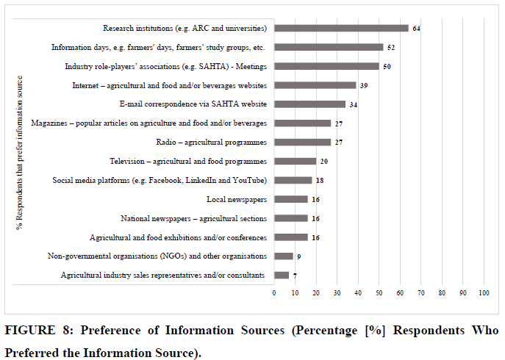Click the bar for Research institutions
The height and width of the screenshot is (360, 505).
pyautogui.click(x=341, y=29)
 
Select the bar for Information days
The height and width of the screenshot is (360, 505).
pyautogui.click(x=329, y=47)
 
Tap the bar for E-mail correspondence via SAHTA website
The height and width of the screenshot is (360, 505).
pyautogui.click(x=309, y=104)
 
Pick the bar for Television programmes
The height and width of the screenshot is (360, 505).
pyautogui.click(x=295, y=161)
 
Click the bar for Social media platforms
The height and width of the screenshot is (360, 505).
pyautogui.click(x=293, y=180)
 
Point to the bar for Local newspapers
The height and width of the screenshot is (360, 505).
pyautogui.click(x=290, y=199)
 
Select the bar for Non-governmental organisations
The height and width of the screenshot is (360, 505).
pyautogui.click(x=283, y=256)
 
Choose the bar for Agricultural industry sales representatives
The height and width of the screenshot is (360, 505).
pyautogui.click(x=281, y=275)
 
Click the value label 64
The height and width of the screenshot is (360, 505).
pyautogui.click(x=416, y=29)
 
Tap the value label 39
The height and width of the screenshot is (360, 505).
pyautogui.click(x=364, y=85)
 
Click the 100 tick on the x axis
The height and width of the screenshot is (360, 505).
pyautogui.click(x=484, y=292)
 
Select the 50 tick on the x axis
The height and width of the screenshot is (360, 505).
pyautogui.click(x=379, y=292)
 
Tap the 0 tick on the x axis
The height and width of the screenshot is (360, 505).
pyautogui.click(x=274, y=292)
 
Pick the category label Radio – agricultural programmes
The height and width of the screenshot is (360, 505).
pyautogui.click(x=212, y=142)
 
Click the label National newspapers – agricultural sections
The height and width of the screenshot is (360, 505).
pyautogui.click(x=193, y=218)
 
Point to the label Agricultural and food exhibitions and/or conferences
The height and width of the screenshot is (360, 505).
pyautogui.click(x=178, y=237)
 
